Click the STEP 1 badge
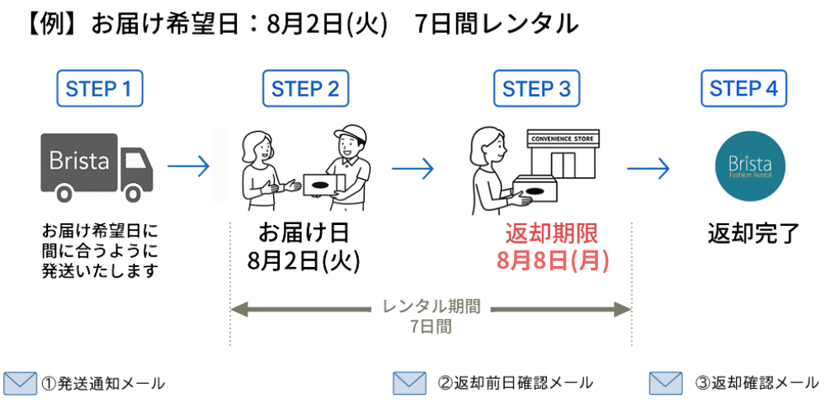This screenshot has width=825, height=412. (100, 89)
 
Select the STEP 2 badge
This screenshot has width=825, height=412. (305, 89)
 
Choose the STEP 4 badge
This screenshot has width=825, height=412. (743, 89)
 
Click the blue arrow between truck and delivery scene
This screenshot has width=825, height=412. (189, 167)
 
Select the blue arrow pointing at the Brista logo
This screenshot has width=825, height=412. (648, 167)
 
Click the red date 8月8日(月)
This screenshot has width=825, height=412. (553, 261)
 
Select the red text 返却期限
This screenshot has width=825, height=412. (552, 233)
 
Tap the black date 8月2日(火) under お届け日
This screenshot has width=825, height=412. (304, 261)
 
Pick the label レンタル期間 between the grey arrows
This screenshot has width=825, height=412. (431, 307)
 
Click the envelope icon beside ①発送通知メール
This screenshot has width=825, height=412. (20, 383)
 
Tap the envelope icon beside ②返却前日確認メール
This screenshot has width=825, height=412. (409, 383)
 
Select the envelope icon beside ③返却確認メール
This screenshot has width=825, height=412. (666, 383)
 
